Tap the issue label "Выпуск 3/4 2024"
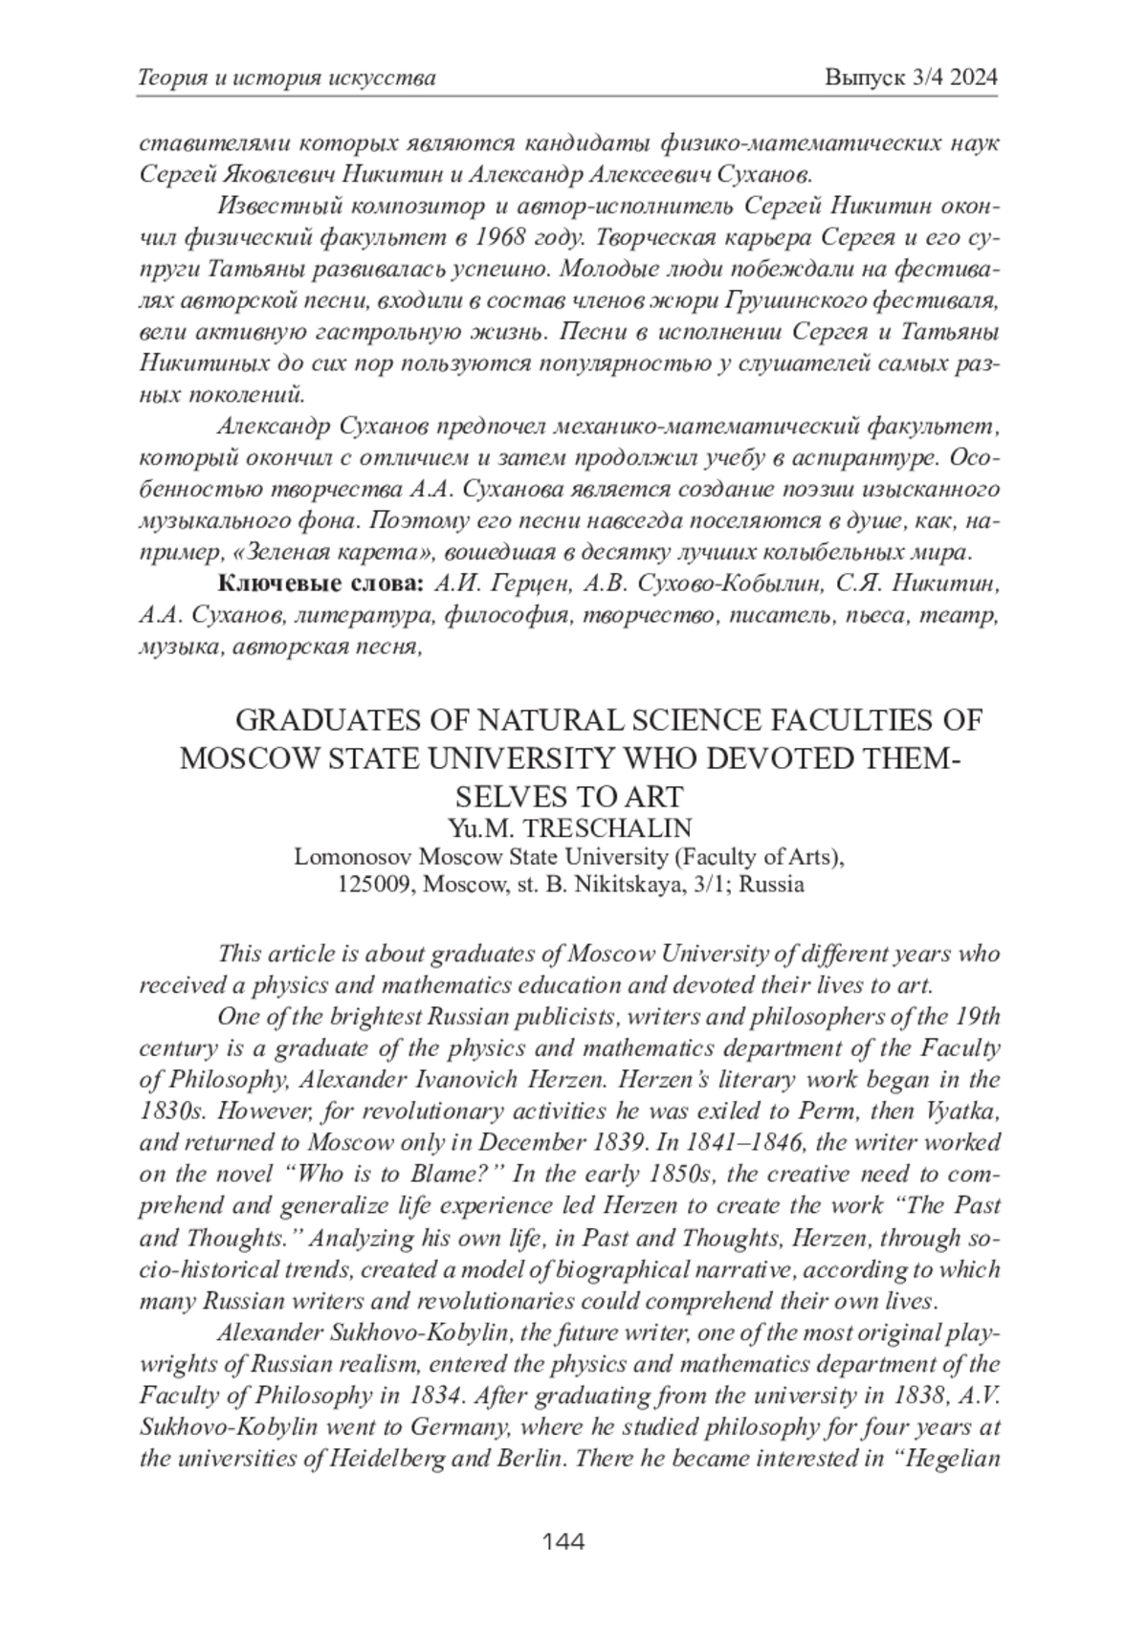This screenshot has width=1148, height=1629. tap(911, 77)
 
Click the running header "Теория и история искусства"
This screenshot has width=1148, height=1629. tap(287, 77)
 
